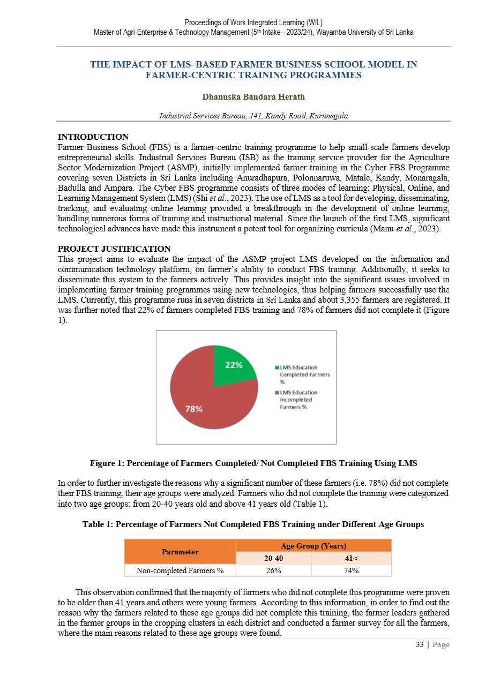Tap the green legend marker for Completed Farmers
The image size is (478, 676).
click(x=276, y=367)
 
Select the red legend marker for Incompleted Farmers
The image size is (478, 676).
click(x=276, y=393)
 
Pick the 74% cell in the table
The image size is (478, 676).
click(x=351, y=570)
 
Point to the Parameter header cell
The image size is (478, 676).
click(x=180, y=552)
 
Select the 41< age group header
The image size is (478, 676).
click(x=351, y=558)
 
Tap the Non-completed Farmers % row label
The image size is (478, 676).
click(x=180, y=570)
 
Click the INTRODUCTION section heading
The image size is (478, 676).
click(x=93, y=137)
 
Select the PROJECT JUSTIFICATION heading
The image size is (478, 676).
click(x=114, y=249)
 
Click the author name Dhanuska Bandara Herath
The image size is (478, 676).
click(x=253, y=98)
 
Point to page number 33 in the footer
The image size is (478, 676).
click(x=420, y=644)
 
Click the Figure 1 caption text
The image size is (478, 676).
click(x=253, y=462)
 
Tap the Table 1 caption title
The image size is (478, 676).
click(x=253, y=524)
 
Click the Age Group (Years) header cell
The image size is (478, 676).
click(x=313, y=546)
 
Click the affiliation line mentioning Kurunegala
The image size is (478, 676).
click(x=253, y=116)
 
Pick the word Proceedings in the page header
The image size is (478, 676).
click(x=203, y=22)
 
